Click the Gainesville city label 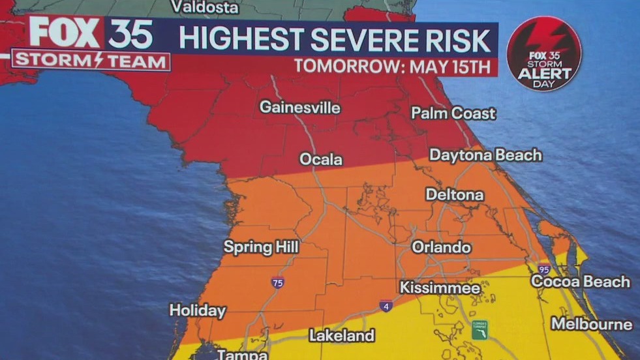click(300, 108)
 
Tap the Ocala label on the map click(320, 159)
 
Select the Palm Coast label click(453, 113)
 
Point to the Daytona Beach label click(485, 155)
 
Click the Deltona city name click(455, 195)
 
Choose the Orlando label click(441, 248)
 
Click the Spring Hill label click(261, 247)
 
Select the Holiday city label click(198, 311)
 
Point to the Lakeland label click(342, 336)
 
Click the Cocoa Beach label click(581, 282)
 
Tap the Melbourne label click(592, 324)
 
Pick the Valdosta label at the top click(204, 8)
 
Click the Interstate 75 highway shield click(277, 282)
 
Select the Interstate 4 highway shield click(386, 306)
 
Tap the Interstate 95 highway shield click(544, 269)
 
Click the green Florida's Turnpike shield click(480, 329)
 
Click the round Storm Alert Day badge click(544, 53)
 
